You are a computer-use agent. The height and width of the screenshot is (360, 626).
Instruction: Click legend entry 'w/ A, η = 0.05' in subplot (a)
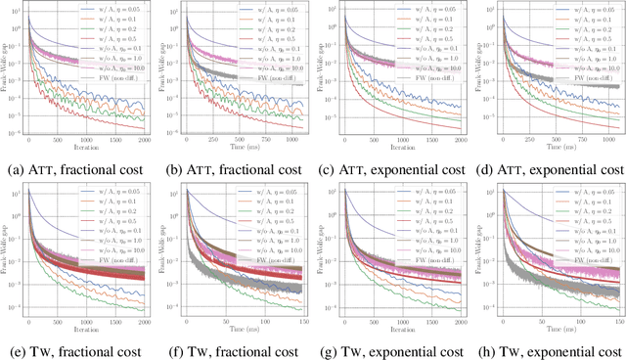123,7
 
